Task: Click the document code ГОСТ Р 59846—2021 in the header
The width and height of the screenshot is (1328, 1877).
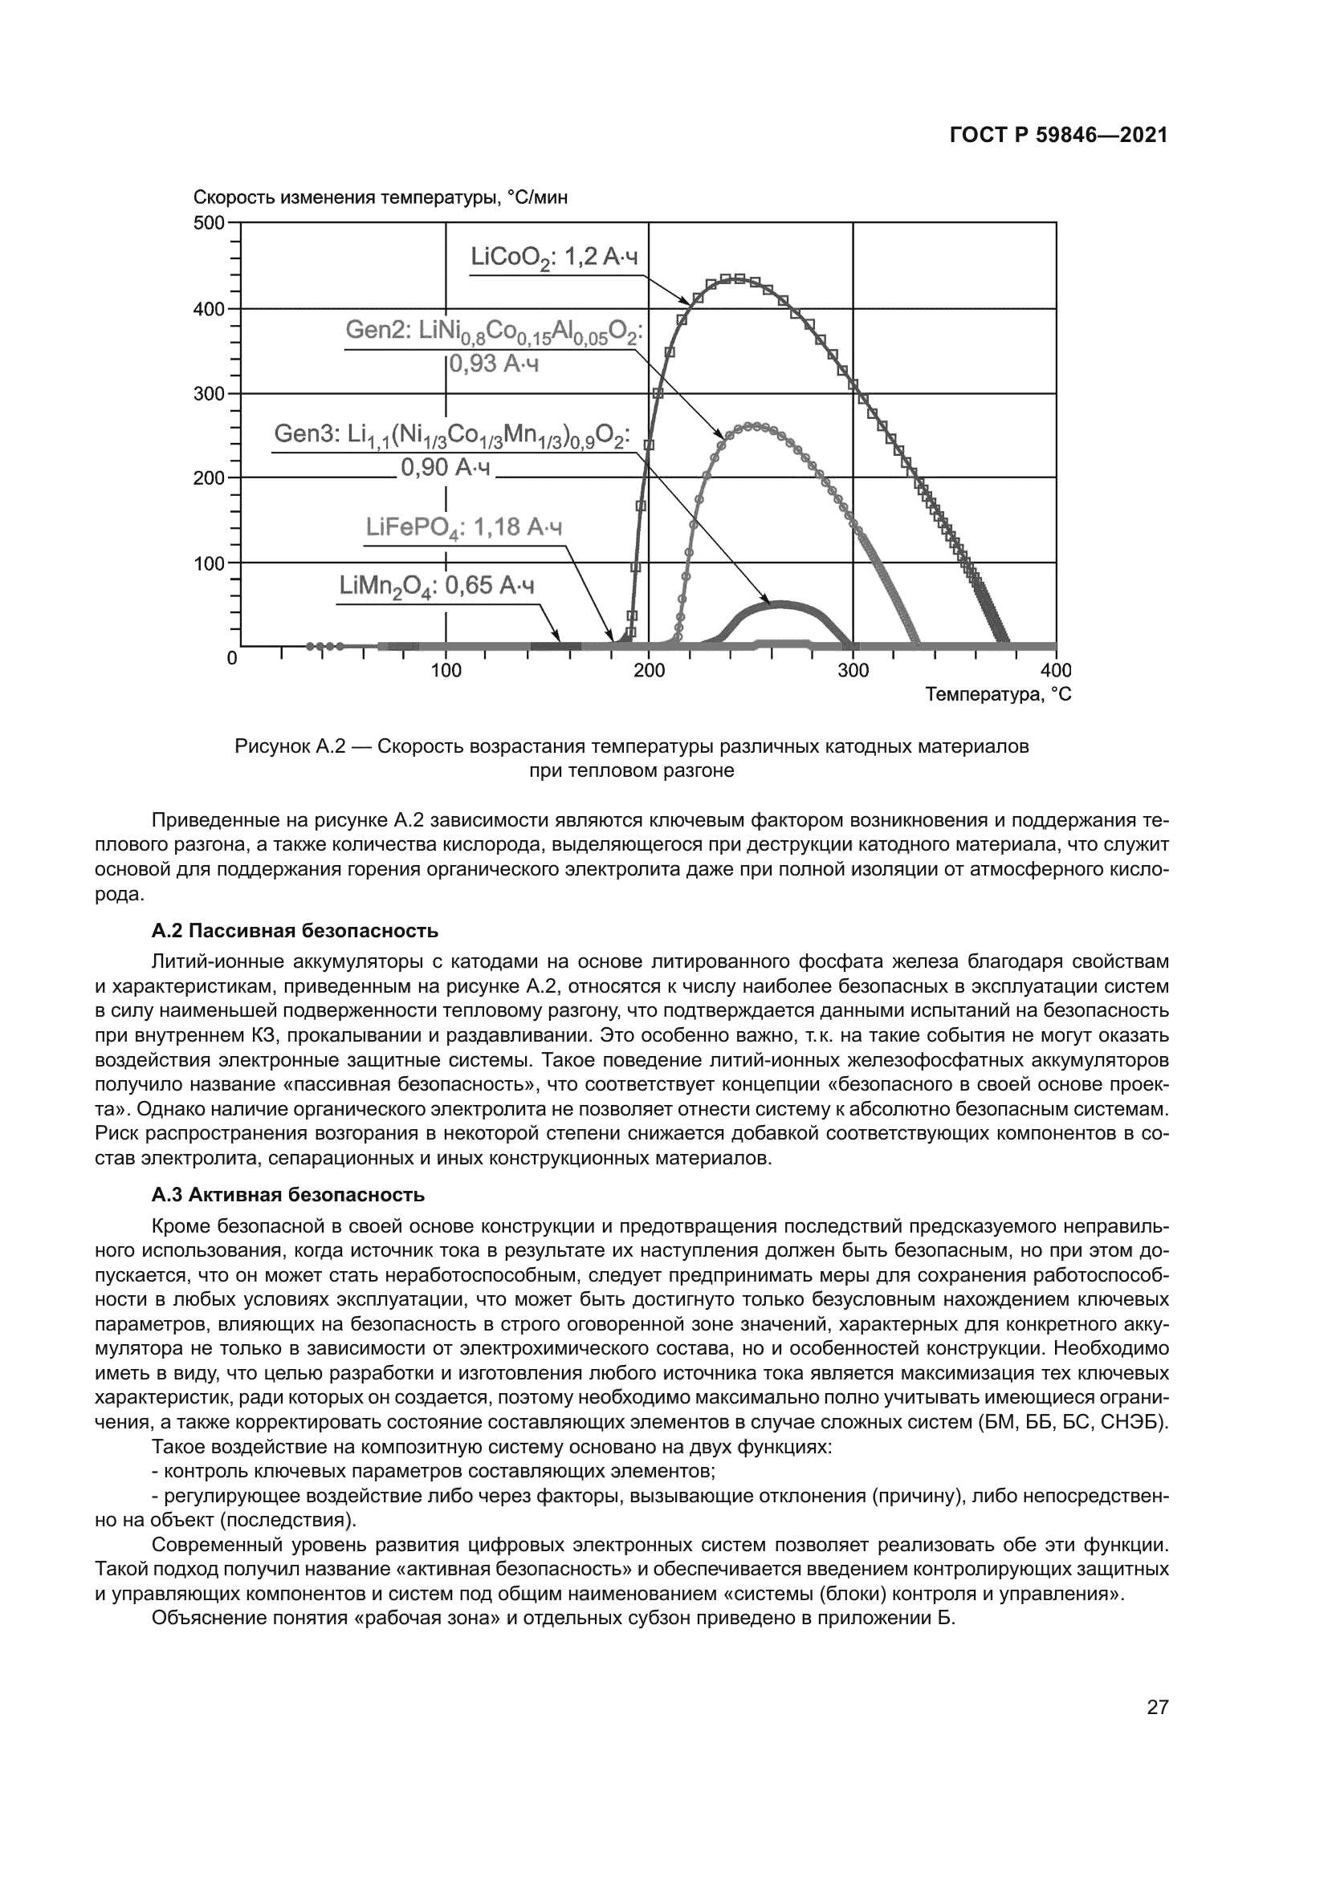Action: click(x=1058, y=136)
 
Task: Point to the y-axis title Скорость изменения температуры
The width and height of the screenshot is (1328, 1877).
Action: click(x=381, y=198)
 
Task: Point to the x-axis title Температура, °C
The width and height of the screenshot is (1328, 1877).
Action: click(x=998, y=695)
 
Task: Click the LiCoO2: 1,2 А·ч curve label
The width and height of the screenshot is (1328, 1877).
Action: click(x=554, y=258)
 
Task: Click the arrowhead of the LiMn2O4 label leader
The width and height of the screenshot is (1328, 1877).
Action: click(x=558, y=639)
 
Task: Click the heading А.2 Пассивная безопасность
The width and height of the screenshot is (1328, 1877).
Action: click(x=295, y=931)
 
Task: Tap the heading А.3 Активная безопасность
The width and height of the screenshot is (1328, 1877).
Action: click(x=288, y=1195)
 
